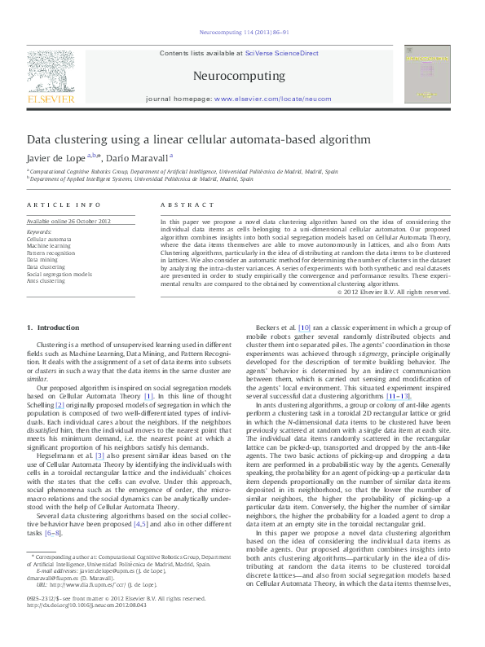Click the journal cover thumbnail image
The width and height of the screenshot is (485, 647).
pos(427,73)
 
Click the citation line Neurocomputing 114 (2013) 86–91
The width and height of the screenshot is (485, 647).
pos(242,33)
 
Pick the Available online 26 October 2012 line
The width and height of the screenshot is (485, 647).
pos(68,222)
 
